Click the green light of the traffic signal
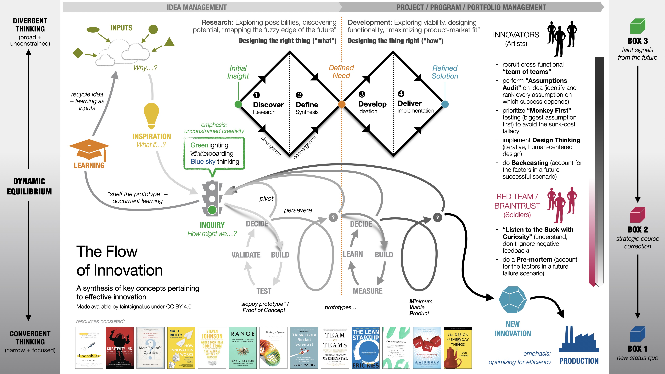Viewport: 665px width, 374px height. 212,210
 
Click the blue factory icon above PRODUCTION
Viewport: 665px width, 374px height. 579,341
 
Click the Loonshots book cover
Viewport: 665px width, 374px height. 89,348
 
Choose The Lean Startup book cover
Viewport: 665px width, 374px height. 366,348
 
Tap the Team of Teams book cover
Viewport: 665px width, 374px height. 335,348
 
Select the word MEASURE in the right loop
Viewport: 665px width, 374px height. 368,291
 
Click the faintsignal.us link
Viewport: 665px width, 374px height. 135,307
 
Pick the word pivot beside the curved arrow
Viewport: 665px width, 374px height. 266,198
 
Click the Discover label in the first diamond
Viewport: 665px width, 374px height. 268,105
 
